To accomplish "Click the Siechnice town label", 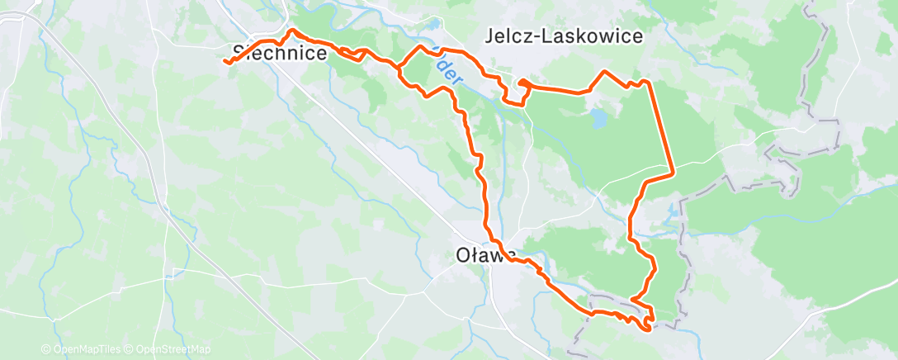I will coord(281,53).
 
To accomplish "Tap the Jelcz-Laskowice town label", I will coord(565,36).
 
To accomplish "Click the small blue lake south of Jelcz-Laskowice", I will coord(598,121).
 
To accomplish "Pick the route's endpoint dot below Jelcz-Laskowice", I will coord(522,82).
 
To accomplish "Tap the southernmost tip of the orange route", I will coord(645,329).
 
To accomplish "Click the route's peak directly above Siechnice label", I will coord(291,31).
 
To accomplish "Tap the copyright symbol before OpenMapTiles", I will coord(45,349).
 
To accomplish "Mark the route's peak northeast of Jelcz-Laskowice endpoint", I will coord(606,71).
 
